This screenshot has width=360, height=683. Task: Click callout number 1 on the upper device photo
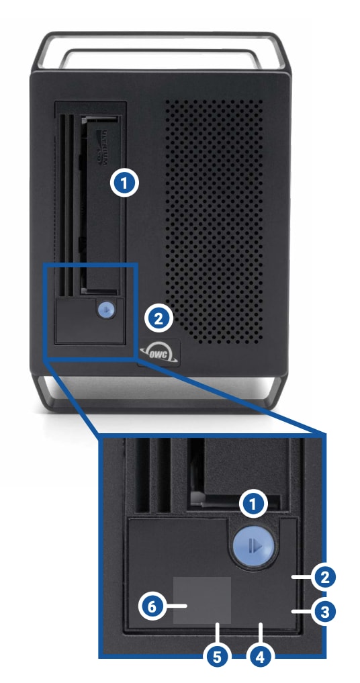coord(125,183)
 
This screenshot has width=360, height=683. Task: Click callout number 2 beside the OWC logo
coord(159,318)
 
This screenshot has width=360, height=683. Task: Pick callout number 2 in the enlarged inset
coord(324,576)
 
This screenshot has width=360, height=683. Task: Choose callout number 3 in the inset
coord(324,612)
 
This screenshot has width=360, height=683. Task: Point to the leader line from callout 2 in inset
coord(301,576)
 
